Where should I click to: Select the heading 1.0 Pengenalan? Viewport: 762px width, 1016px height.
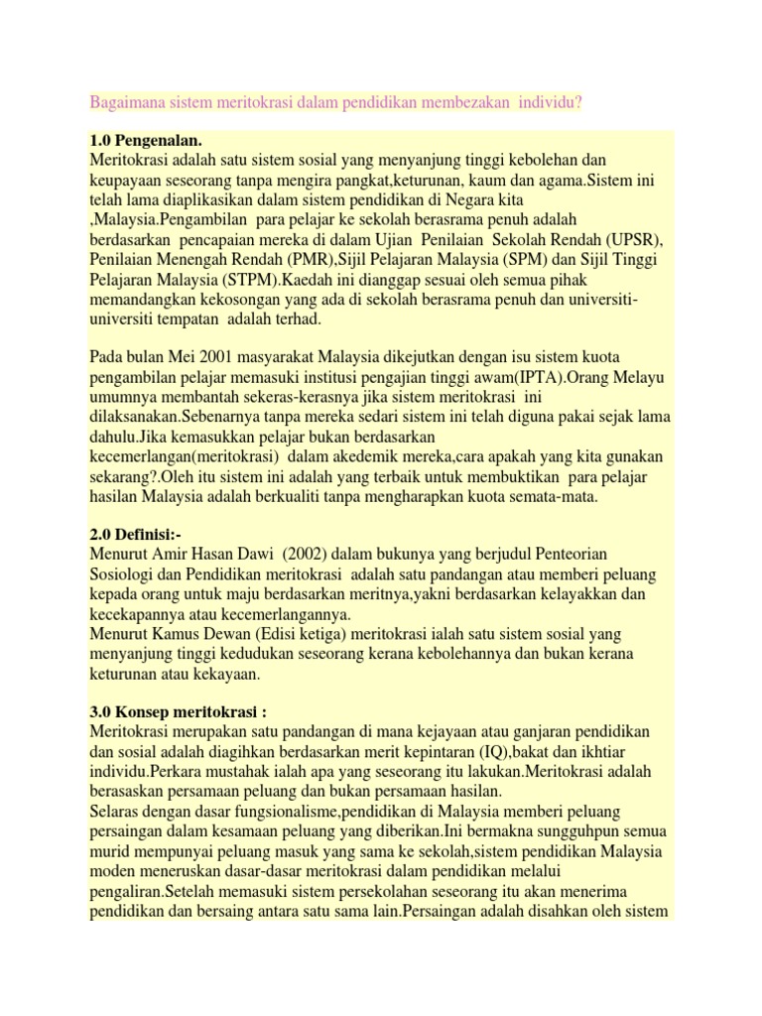click(x=152, y=140)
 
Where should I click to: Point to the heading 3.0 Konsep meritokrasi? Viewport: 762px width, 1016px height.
click(x=178, y=712)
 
